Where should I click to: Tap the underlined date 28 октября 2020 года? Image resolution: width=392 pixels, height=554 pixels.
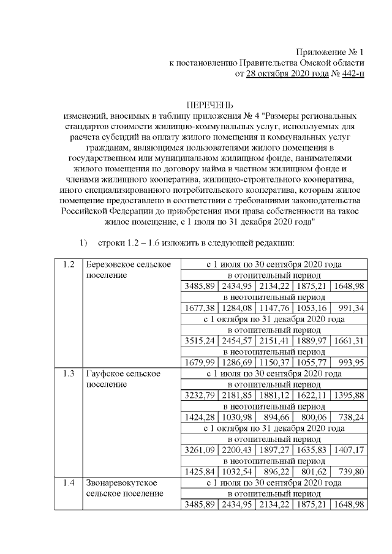284,74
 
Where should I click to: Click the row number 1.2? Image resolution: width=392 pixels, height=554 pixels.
69,264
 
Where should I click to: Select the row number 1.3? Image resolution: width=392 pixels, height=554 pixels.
69,373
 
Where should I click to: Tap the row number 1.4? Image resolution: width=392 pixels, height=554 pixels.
69,482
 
